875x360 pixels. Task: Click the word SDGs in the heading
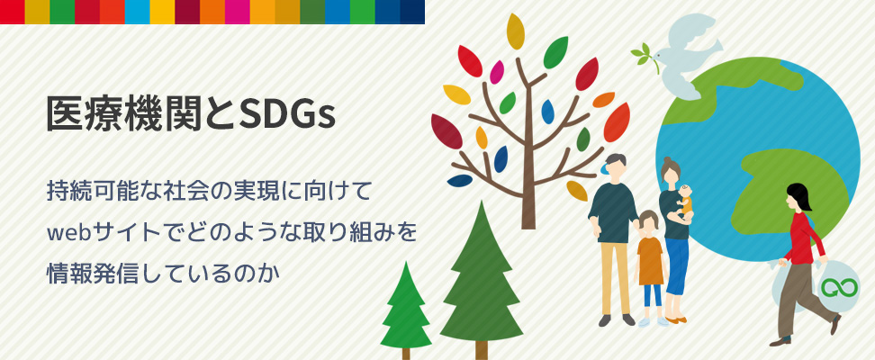pyautogui.click(x=287, y=114)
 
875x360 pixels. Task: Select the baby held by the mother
pyautogui.click(x=685, y=202)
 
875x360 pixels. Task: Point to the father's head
pyautogui.click(x=613, y=166)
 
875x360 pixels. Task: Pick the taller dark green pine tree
pyautogui.click(x=481, y=279)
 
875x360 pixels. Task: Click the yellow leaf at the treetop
pyautogui.click(x=515, y=31)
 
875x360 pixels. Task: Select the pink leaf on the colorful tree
pyautogui.click(x=496, y=72)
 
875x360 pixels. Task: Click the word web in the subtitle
pyautogui.click(x=66, y=233)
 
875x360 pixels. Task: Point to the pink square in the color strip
pyautogui.click(x=237, y=13)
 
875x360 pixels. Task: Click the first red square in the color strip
pyautogui.click(x=13, y=13)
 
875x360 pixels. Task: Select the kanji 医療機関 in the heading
pyautogui.click(x=125, y=114)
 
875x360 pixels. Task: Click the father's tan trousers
pyautogui.click(x=615, y=278)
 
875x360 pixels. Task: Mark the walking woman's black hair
pyautogui.click(x=799, y=195)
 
